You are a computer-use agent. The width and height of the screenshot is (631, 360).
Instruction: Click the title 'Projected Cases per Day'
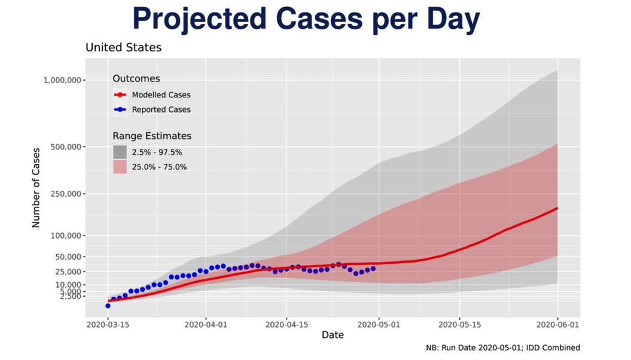(x=306, y=20)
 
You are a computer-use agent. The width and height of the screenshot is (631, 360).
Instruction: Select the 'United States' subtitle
(x=123, y=47)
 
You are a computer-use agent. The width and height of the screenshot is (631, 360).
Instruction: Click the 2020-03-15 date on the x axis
(x=108, y=325)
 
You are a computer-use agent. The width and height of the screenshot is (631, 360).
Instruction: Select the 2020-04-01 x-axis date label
(x=206, y=325)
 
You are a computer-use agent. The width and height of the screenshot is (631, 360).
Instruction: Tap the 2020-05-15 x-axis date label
(x=459, y=325)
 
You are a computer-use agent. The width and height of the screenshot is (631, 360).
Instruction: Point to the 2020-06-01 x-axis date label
(x=557, y=325)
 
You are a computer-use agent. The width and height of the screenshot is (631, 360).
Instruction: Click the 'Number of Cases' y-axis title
(x=36, y=188)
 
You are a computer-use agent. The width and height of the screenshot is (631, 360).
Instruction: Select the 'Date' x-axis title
(x=333, y=335)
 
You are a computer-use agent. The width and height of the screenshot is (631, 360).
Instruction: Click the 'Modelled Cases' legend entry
(x=161, y=94)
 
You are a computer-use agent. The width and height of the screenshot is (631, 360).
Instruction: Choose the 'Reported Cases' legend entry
(x=161, y=109)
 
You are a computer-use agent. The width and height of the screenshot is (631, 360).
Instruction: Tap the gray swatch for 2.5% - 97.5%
(x=120, y=152)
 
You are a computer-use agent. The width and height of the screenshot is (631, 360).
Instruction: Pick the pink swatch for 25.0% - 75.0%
(x=120, y=167)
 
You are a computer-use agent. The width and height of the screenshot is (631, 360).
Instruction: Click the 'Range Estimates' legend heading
(x=152, y=136)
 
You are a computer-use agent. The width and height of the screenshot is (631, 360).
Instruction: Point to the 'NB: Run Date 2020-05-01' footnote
(x=502, y=347)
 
